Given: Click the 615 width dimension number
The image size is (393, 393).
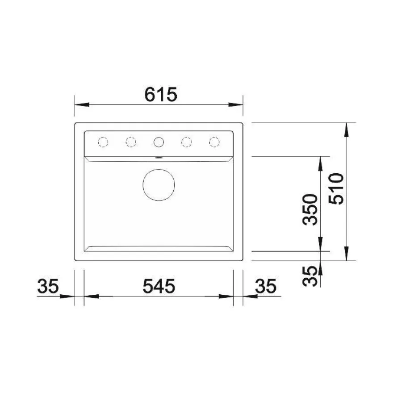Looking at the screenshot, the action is [161, 95].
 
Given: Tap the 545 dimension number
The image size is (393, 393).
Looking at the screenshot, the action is [159, 286].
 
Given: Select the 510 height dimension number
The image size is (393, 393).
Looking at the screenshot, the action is [336, 189].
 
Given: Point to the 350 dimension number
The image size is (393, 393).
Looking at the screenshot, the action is [310, 209].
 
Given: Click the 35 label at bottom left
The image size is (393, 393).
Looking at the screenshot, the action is [48, 286].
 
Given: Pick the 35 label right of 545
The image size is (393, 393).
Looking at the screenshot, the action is [266, 286].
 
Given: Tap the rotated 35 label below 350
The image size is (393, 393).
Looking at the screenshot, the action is [310, 276].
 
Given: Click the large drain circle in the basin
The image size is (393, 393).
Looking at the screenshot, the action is [159, 169].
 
